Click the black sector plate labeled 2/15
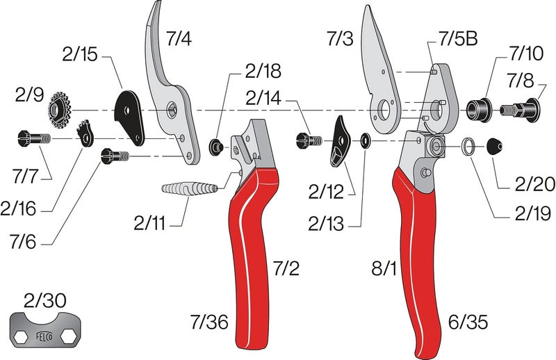coord(131,113)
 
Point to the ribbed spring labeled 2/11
coord(190,188)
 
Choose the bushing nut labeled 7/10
coord(480,108)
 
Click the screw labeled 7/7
coord(31,139)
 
